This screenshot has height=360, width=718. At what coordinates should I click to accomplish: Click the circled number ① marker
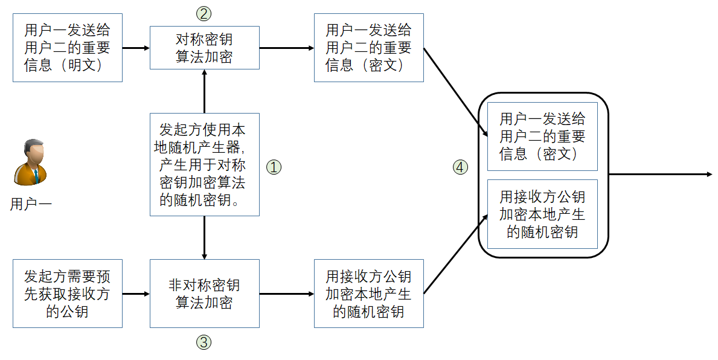point(274,167)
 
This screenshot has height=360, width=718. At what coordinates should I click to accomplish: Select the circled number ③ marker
point(204,342)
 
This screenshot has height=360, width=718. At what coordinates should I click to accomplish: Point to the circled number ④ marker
point(461,167)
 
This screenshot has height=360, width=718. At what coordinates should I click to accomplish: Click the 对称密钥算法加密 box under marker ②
point(204,48)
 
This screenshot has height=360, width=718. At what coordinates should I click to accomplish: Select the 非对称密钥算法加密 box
point(204,294)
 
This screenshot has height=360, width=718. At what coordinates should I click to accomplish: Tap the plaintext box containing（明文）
point(68,48)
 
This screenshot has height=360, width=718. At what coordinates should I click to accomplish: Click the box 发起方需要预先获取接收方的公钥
point(68,294)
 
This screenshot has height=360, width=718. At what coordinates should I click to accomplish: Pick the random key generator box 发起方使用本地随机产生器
point(205,164)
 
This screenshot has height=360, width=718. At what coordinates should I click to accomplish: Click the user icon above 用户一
point(31,161)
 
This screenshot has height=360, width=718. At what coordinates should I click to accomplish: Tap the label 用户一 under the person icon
point(31,204)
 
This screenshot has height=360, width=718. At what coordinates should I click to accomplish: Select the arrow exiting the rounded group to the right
point(661,175)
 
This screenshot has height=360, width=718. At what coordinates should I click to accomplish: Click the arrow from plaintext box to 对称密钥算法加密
point(136,48)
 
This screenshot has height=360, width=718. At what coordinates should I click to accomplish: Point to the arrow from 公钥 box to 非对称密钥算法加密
point(136,294)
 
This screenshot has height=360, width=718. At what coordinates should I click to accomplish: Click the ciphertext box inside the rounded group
point(542,136)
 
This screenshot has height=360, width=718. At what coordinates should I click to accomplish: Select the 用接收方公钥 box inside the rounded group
point(542,214)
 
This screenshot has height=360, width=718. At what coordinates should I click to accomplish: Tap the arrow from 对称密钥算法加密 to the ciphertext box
point(287,48)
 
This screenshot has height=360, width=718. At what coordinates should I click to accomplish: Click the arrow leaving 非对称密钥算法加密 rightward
point(287,294)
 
